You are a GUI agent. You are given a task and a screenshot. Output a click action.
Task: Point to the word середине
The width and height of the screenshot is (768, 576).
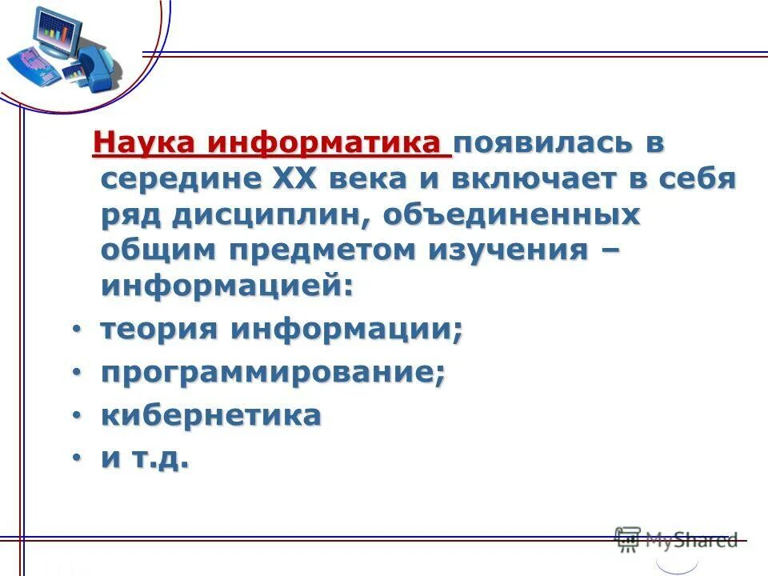point(175,179)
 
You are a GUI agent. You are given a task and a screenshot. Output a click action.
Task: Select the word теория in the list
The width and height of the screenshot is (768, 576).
point(160,330)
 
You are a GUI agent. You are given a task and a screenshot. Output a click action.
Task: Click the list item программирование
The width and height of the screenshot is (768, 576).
point(272,373)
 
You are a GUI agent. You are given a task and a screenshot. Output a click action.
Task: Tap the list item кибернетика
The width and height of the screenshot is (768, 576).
point(211,415)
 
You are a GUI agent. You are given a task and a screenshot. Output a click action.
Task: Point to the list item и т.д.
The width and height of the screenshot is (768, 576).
point(145,458)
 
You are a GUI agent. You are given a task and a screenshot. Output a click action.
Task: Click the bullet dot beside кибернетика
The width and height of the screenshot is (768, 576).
point(76,416)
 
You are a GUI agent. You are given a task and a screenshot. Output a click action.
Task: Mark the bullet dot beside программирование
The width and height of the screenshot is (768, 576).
point(76,373)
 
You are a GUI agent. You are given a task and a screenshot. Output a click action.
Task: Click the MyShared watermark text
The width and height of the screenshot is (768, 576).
point(690,540)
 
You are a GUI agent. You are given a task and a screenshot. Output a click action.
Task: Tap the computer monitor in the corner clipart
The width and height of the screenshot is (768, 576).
point(56,35)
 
